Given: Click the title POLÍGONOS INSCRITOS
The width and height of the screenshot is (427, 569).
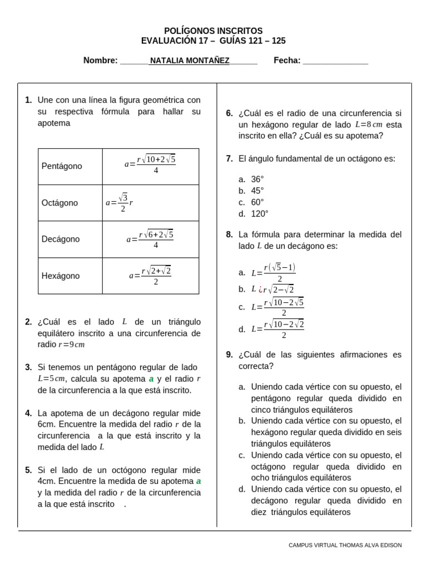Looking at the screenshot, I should [x=213, y=31].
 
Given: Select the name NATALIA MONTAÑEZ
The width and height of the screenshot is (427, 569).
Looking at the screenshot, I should [x=190, y=61].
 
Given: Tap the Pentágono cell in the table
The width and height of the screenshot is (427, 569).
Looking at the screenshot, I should [x=62, y=166].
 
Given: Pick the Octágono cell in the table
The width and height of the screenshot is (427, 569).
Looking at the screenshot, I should [x=60, y=203].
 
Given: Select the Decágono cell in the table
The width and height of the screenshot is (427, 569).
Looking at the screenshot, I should [x=61, y=239].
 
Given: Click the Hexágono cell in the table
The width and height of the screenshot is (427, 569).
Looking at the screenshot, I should [x=61, y=276].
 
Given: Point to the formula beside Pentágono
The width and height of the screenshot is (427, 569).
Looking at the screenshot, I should [x=150, y=164].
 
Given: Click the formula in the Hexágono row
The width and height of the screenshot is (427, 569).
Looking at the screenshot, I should [x=150, y=275].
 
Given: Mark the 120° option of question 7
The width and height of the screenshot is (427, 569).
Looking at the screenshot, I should [x=260, y=214].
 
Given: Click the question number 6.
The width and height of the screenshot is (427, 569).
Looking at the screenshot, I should [x=229, y=113].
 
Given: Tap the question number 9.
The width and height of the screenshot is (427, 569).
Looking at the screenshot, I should [x=229, y=355].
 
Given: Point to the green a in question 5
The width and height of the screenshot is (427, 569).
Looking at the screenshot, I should [x=198, y=481].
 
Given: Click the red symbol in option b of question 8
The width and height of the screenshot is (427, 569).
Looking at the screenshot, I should [x=260, y=289].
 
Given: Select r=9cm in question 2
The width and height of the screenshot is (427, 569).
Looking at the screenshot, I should [x=72, y=345].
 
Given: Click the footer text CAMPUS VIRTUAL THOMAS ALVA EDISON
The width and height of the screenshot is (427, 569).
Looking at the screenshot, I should [x=345, y=545].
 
